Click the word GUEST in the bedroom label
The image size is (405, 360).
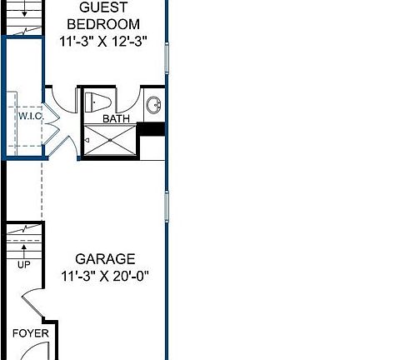tap(103, 8)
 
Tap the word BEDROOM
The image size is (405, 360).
tap(103, 24)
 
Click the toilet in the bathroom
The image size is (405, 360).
tap(97, 102)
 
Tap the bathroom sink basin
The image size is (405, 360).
tap(152, 105)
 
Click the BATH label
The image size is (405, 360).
tap(116, 118)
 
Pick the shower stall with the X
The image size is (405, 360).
tap(110, 142)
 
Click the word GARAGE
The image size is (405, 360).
tap(104, 259)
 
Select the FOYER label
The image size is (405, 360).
tap(30, 334)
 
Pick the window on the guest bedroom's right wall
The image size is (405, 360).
tap(167, 57)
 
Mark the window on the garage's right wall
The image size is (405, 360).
tap(167, 207)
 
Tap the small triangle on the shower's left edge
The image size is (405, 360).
tap(86, 142)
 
